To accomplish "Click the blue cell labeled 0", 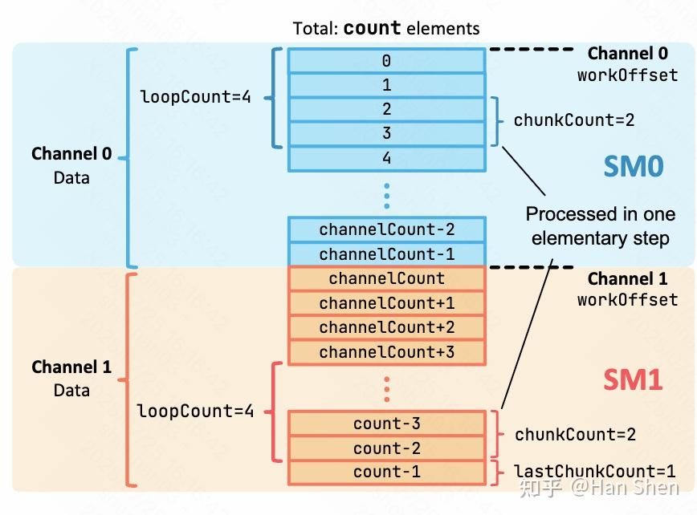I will coord(386,61).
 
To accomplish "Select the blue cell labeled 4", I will coord(386,159).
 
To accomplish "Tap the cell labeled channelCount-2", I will coord(386,229).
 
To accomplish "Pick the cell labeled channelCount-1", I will coord(386,254).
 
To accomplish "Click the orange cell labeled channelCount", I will coord(386,279).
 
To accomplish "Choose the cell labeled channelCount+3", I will coord(386,352).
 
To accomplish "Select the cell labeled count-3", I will coord(386,424).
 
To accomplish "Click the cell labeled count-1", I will coord(386,472).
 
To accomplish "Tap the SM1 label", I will coord(633,379).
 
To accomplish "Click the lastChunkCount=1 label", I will coord(594,472).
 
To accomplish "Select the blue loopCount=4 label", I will coord(195,98).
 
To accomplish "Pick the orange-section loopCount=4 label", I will coord(195,412).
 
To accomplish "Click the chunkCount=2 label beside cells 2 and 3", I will coord(573,120).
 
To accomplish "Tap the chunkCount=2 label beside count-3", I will coord(575,435).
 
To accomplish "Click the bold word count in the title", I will coord(372,28).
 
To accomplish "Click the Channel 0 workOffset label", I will coord(627,64).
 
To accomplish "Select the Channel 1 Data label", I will coord(71,379).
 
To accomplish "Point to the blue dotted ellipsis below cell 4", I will coord(386,194).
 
